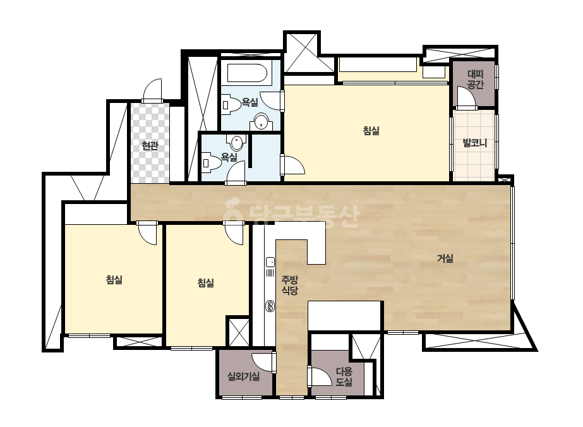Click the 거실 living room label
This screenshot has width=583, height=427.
[x=445, y=258]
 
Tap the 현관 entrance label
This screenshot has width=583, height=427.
[x=150, y=146]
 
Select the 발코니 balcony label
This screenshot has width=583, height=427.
[x=474, y=143]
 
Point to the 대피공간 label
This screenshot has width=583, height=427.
[x=475, y=79]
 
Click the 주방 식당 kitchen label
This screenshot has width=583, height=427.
[x=289, y=285]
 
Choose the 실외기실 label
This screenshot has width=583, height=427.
[x=244, y=376]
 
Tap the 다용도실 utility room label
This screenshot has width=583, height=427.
[x=344, y=376]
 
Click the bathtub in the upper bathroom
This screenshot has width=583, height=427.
[x=247, y=73]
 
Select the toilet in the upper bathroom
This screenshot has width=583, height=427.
[x=231, y=104]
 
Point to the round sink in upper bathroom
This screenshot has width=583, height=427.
[x=261, y=122]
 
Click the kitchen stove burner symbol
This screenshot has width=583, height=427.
[x=270, y=306]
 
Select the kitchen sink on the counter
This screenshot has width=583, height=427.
[x=270, y=262]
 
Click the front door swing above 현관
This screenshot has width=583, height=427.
[x=152, y=90]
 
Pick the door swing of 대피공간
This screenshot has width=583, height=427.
[x=467, y=97]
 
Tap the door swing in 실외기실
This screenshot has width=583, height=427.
[x=263, y=363]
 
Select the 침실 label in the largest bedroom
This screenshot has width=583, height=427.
[x=371, y=131]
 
